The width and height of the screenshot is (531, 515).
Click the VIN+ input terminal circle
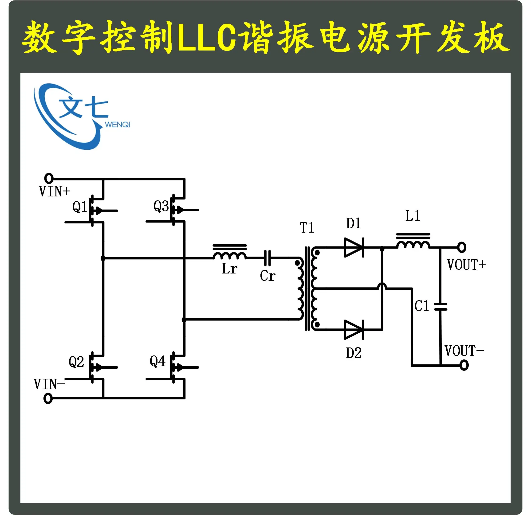[49, 178]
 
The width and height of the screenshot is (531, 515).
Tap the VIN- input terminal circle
[48, 398]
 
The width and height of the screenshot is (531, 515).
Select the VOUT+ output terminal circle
[462, 247]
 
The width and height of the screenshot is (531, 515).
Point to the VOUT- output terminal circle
[464, 365]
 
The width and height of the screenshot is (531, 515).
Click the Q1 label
[79, 207]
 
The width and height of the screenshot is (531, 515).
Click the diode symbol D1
[354, 247]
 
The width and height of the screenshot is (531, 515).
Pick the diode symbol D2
[354, 330]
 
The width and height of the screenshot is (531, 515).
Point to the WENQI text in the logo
[117, 125]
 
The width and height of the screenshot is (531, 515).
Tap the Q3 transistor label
[161, 206]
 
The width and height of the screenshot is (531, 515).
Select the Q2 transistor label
[76, 362]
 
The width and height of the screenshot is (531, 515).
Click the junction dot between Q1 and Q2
[103, 258]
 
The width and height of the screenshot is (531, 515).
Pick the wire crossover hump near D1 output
[382, 286]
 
